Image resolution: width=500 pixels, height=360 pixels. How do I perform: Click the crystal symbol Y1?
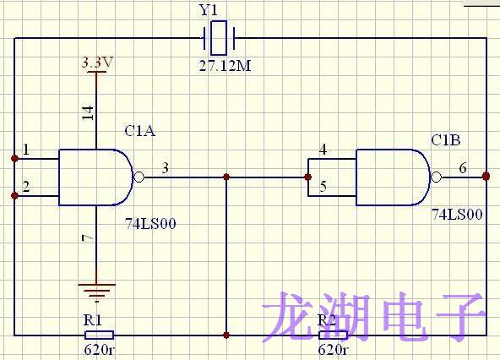(219, 37)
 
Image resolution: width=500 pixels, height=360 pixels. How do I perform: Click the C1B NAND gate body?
(392, 177)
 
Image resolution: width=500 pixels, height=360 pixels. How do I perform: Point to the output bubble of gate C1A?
(139, 177)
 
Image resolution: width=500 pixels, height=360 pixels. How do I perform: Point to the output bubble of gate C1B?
(437, 177)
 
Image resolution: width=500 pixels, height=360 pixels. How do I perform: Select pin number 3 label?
(165, 168)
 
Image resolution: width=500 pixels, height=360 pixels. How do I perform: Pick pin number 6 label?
(463, 168)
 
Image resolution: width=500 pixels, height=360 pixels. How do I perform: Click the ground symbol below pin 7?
(95, 291)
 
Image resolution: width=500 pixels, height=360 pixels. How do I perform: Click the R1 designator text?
(92, 320)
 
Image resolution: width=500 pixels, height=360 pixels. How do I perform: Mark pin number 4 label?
(323, 151)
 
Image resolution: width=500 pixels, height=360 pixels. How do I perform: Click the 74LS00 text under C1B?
(457, 215)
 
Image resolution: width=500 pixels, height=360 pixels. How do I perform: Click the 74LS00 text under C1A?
(150, 224)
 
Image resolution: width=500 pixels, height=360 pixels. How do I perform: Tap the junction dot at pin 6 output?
(486, 176)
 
